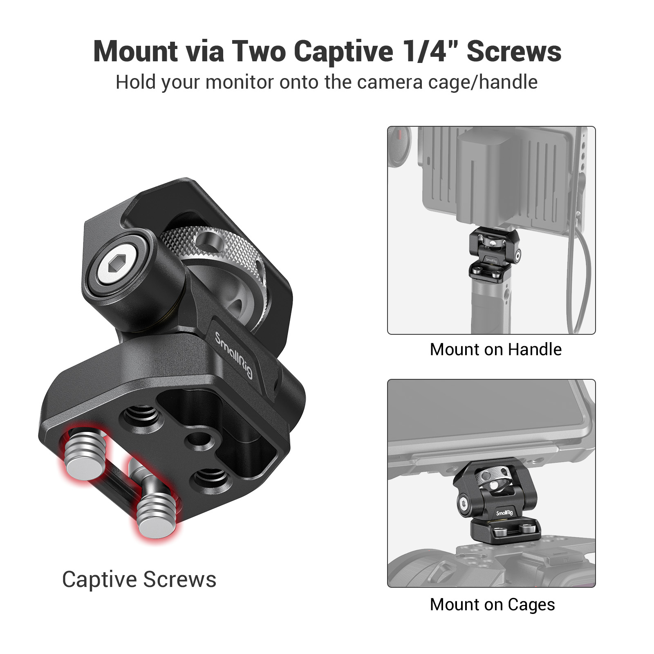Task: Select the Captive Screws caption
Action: (139, 580)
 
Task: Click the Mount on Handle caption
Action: (495, 350)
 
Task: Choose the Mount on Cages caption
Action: (492, 605)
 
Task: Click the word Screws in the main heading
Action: (514, 52)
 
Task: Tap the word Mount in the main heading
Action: (135, 52)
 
